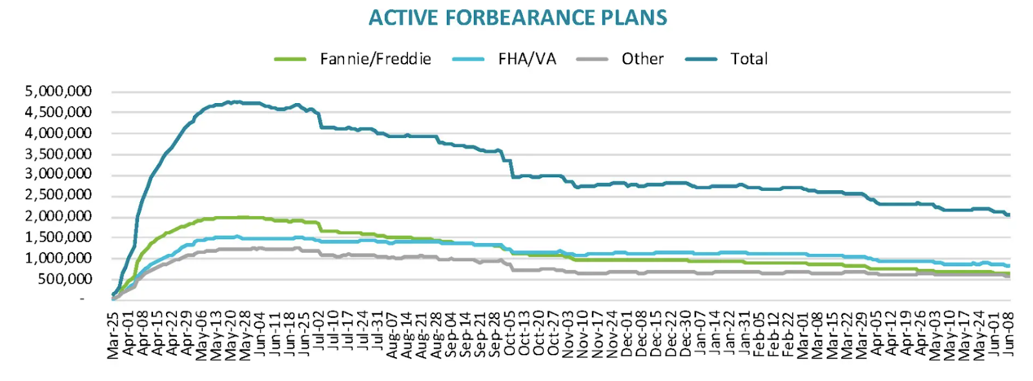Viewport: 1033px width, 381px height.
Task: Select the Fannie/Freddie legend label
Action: click(375, 59)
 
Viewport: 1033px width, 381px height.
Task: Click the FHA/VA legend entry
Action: click(527, 59)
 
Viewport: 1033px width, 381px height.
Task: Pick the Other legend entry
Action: click(642, 59)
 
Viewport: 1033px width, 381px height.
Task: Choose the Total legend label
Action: click(749, 59)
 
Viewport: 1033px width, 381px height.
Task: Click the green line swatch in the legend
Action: click(290, 59)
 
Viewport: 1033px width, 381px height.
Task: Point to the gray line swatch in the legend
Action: click(592, 59)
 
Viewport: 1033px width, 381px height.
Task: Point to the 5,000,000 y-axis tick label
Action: click(58, 92)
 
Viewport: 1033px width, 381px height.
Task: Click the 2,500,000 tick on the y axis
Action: click(58, 195)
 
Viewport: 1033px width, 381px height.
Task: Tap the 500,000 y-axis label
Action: click(64, 279)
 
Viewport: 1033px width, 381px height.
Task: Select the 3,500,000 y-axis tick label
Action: click(58, 154)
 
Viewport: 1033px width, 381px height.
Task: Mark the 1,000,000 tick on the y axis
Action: click(58, 259)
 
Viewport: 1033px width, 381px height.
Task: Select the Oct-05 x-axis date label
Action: click(510, 334)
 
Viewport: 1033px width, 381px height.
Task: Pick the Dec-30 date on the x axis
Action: click(686, 334)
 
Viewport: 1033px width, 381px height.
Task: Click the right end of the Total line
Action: click(1009, 215)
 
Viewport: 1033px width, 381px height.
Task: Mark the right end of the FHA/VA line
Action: click(1009, 266)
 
